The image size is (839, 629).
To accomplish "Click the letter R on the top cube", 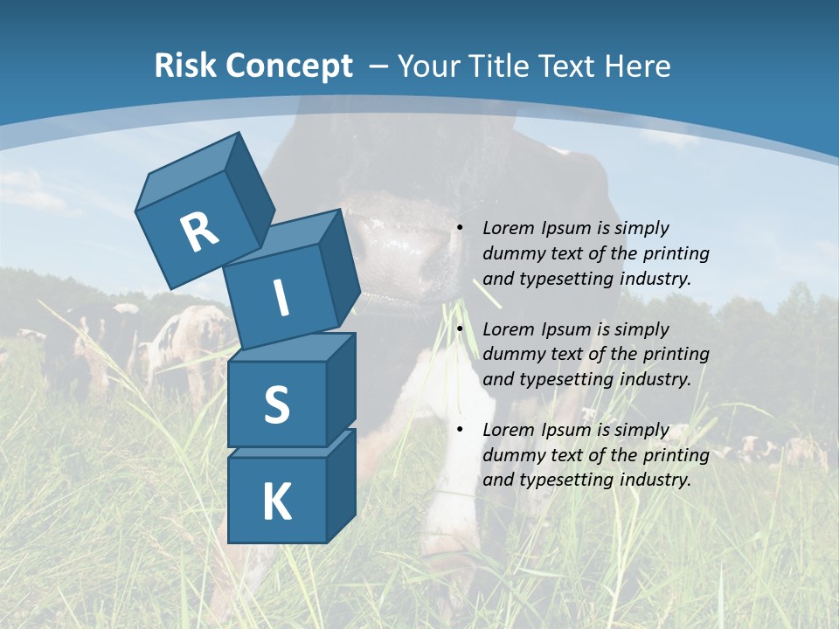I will (x=199, y=232).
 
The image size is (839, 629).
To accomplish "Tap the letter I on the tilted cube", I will (x=281, y=298).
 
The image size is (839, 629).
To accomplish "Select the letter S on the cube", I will (x=276, y=404).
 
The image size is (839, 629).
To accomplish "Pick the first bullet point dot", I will (x=460, y=229).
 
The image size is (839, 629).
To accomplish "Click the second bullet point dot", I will (x=460, y=330).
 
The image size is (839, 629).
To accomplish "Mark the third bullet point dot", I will (x=460, y=431).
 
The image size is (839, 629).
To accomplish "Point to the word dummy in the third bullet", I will (x=510, y=455).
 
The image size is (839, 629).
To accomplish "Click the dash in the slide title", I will (x=380, y=66).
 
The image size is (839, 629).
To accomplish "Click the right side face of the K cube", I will (x=341, y=485).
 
